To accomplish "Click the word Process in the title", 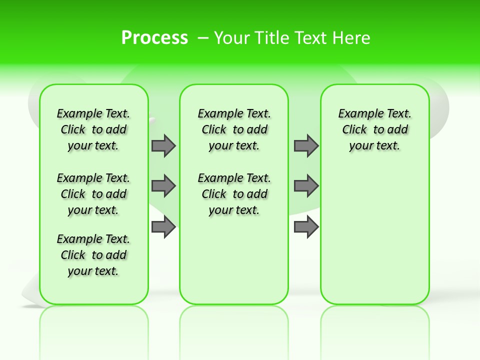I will (x=154, y=38).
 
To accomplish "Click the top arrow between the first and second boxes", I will (x=163, y=145).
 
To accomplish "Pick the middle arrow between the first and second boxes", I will (x=163, y=186).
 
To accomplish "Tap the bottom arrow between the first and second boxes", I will (x=163, y=226).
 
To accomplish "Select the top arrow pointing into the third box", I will (x=306, y=145).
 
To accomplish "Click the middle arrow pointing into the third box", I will (x=306, y=186).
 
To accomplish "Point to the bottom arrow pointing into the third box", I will (x=306, y=226).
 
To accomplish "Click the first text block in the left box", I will (x=93, y=129).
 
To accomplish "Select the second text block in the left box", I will (x=93, y=194).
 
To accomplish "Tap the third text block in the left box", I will (x=93, y=255).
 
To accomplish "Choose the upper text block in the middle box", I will (x=234, y=129).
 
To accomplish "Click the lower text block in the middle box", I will (x=234, y=194).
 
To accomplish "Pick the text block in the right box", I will (x=374, y=129).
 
